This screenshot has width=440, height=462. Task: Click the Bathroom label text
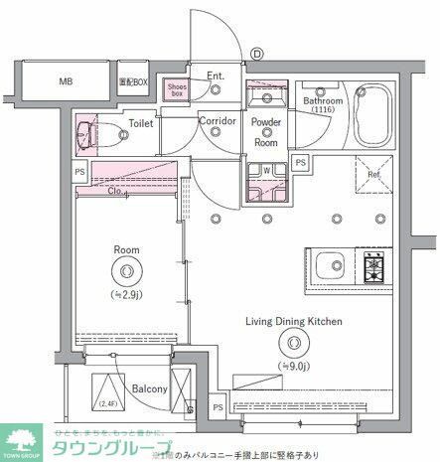[x=324, y=101]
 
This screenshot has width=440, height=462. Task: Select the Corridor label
[x=217, y=121]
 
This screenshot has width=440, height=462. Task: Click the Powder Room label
[x=265, y=131]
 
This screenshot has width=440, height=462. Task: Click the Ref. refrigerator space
[x=374, y=176]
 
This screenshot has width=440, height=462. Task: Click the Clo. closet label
[x=116, y=191]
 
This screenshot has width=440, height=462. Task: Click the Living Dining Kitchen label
[x=294, y=321]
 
